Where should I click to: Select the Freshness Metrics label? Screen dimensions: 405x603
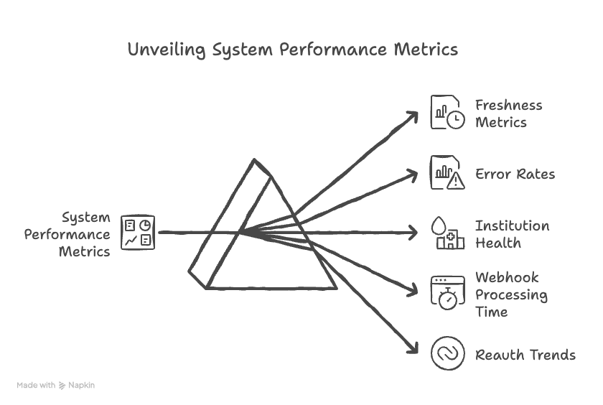[x=508, y=113]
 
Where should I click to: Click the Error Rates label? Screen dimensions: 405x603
[x=515, y=174]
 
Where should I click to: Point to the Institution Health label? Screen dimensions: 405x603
[x=512, y=234]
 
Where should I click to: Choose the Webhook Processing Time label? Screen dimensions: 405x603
[x=511, y=294]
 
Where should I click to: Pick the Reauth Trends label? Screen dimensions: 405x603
[x=525, y=355]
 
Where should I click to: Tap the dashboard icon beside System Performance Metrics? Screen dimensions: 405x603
[x=137, y=233]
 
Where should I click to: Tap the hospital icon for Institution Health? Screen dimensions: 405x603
[x=447, y=234]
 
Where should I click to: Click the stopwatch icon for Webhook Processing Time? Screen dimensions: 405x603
[x=447, y=293]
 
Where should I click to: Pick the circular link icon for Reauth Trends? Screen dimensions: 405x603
[x=447, y=354]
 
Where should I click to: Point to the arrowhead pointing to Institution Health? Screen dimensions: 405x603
[x=413, y=233]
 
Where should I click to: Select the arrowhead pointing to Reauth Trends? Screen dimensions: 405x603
[x=413, y=349]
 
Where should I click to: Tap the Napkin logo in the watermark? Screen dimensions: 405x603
[x=63, y=386]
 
